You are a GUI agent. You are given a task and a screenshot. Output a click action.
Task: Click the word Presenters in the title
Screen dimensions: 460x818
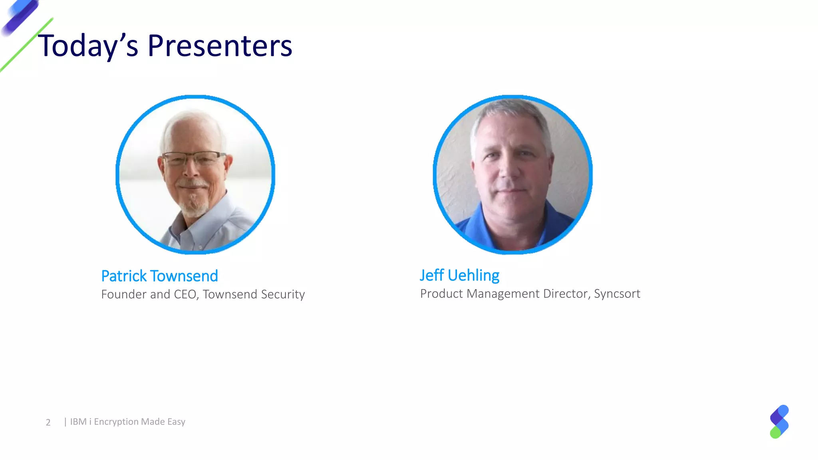click(220, 46)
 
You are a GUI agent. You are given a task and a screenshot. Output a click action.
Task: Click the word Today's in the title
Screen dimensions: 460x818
click(88, 46)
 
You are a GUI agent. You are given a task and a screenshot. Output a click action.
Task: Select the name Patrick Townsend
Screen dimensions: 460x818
click(159, 276)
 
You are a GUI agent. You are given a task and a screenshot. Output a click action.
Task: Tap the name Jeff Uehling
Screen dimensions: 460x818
click(459, 276)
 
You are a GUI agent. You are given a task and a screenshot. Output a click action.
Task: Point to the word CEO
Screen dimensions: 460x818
click(186, 294)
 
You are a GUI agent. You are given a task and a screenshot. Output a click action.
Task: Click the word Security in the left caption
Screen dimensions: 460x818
click(283, 294)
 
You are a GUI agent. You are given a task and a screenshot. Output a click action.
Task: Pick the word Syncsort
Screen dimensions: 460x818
click(617, 293)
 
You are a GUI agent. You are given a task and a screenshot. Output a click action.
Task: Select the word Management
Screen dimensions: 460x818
click(503, 294)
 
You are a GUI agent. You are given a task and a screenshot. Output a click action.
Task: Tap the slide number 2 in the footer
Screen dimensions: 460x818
click(48, 422)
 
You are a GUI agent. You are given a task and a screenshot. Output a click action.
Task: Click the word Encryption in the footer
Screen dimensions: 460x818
click(116, 422)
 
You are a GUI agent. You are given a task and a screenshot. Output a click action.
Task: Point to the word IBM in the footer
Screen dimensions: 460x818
click(78, 422)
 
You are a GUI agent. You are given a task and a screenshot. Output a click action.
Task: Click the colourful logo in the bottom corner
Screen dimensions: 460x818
click(779, 422)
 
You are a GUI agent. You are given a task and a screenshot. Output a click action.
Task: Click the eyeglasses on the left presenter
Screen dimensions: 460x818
click(194, 159)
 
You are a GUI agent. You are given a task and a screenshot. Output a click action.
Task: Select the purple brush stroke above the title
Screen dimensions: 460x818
click(20, 16)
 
